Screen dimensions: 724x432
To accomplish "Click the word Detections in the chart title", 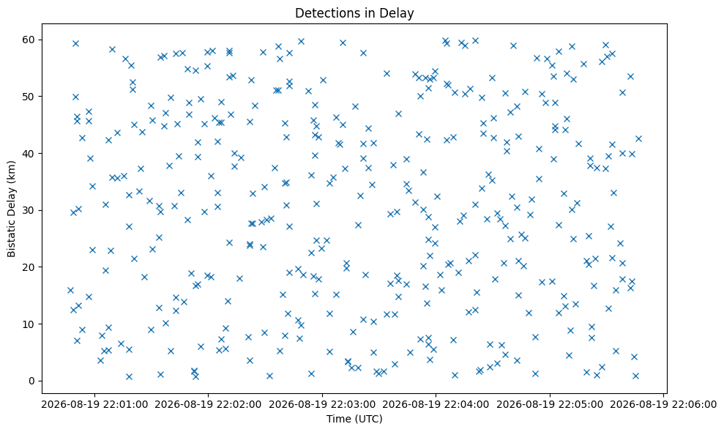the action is click(x=322, y=13).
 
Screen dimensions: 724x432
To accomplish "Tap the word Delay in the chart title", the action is click(x=400, y=13).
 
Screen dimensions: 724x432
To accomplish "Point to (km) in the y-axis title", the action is click(x=11, y=171).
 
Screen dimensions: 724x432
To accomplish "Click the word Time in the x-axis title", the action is click(x=338, y=419).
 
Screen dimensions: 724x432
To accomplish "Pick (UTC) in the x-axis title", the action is click(x=368, y=419).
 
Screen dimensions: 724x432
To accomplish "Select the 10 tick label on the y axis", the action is click(x=30, y=324).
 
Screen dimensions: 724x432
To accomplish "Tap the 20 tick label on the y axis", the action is click(x=30, y=267).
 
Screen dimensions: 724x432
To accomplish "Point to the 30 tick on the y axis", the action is click(x=30, y=210).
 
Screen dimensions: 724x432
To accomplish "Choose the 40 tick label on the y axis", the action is click(x=30, y=153).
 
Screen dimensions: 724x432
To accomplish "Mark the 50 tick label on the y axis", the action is click(x=30, y=97).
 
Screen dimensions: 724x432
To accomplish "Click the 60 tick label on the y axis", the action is click(x=30, y=40).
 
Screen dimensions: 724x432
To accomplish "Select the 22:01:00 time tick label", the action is click(x=126, y=405).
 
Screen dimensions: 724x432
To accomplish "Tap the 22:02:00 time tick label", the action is click(x=239, y=405).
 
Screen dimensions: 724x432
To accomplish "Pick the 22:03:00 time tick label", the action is click(x=354, y=405).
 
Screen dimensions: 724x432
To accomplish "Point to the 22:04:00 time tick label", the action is click(x=467, y=405).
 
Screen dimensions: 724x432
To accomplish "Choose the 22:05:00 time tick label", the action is click(x=581, y=405).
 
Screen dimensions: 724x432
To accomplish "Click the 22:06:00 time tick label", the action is click(x=695, y=405).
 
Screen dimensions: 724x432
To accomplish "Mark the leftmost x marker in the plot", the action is click(x=70, y=290).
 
